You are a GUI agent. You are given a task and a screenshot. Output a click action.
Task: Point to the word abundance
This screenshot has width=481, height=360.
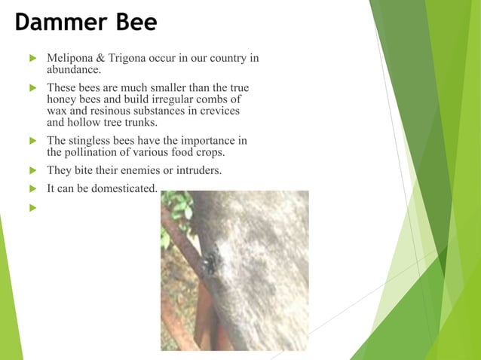(73, 69)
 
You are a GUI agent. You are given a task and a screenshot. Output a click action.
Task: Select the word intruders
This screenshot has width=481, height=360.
(198, 170)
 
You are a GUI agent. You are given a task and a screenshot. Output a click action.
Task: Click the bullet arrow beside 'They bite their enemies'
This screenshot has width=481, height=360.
(32, 170)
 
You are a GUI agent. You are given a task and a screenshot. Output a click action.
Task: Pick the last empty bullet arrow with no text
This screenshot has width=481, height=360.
(32, 206)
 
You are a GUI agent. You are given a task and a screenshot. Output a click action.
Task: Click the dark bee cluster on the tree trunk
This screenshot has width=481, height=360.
(210, 260)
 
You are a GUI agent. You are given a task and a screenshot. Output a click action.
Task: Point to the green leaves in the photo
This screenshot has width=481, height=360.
(178, 205)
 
